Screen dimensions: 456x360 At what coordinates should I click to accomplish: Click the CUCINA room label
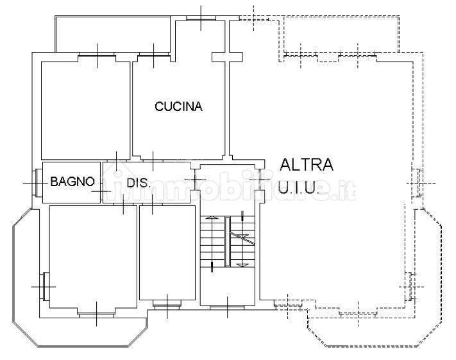[x=178, y=107]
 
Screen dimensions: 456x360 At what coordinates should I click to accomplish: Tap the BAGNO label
[x=72, y=182]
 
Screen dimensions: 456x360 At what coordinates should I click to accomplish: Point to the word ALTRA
[x=306, y=164]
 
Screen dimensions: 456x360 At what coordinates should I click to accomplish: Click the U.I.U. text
[x=297, y=187]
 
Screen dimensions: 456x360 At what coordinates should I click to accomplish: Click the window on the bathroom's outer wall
[x=37, y=183]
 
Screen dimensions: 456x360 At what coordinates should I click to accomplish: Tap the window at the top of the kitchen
[x=201, y=19]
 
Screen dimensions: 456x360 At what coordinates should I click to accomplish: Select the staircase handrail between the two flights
[x=227, y=241]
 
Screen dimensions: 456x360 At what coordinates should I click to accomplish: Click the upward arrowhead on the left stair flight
[x=212, y=217]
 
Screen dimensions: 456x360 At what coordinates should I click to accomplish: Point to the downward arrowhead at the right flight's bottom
[x=242, y=265]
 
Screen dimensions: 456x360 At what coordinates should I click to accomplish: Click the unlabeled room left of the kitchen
[x=85, y=110]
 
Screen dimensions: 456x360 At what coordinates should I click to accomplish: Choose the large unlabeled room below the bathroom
[x=93, y=257]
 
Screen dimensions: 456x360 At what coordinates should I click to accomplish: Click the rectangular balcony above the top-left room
[x=113, y=35]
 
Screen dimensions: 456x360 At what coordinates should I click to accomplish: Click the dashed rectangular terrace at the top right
[x=341, y=35]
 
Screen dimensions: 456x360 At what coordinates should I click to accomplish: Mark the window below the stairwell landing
[x=227, y=307]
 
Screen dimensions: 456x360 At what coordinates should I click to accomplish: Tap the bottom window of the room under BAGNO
[x=97, y=315]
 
